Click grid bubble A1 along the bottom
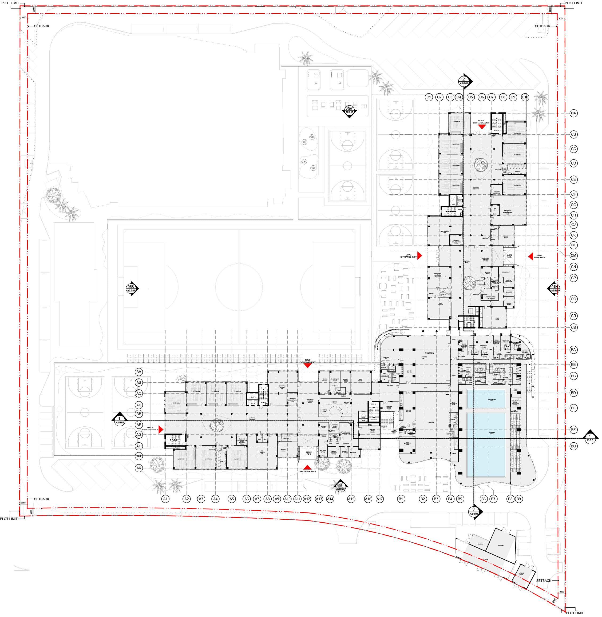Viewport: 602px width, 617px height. click(165, 499)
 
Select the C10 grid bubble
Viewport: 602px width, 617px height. click(525, 97)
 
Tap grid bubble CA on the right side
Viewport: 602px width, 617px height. click(573, 113)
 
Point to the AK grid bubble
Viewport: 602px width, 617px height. click(139, 468)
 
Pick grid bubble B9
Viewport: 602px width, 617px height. click(518, 499)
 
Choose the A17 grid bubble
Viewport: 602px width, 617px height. click(380, 499)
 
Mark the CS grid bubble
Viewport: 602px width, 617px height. click(573, 327)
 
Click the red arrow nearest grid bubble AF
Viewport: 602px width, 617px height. click(161, 429)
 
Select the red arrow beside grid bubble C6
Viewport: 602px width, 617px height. click(482, 127)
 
